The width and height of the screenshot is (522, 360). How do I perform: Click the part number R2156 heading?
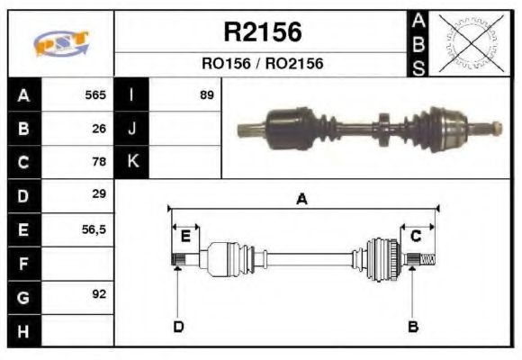click(262, 32)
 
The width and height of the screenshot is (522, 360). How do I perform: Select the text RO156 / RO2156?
click(262, 64)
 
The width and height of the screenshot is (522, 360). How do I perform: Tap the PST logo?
click(61, 43)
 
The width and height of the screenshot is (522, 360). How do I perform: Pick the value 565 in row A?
click(94, 94)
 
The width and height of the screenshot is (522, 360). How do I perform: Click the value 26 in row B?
click(99, 129)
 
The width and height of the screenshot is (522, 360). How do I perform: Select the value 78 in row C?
click(99, 162)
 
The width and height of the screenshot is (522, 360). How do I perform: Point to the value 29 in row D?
click(99, 194)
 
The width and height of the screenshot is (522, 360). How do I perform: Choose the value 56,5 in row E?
click(94, 229)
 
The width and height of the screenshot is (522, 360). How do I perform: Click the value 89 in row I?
click(206, 94)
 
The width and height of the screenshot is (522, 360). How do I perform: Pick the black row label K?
click(131, 162)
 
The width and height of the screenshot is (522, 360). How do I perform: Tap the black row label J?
click(131, 129)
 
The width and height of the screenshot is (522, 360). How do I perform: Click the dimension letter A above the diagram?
click(301, 200)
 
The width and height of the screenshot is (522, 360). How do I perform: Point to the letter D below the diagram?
click(178, 326)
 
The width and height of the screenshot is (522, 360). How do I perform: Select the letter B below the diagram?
click(413, 326)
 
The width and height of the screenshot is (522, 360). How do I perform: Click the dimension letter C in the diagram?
click(416, 236)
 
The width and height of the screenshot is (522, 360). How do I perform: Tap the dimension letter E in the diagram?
click(185, 236)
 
